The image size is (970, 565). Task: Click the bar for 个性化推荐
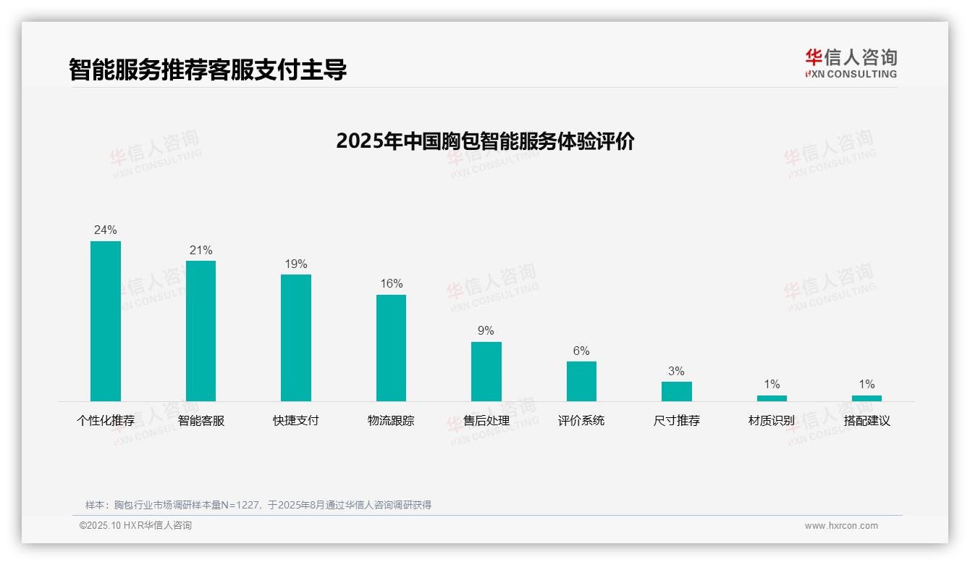pos(106,321)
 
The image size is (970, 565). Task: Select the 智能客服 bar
pos(201,331)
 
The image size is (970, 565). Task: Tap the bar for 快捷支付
pos(296,338)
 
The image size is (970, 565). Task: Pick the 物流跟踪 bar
pos(391,348)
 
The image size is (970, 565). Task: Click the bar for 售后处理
pos(486,372)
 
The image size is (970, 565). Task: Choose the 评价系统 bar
pos(581,381)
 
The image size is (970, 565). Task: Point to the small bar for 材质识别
pos(772,398)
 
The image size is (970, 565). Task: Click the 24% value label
pos(106,230)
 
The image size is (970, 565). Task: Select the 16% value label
pos(392,284)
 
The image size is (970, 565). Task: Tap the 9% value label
pos(486,331)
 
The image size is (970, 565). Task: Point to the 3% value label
pos(676,372)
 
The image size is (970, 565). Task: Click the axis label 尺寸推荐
pos(677,421)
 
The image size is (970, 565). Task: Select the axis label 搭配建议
pos(866,421)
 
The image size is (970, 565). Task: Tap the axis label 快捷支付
pos(296,421)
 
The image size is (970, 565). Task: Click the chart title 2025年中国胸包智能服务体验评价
pos(485,141)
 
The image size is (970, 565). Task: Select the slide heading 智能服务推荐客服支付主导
pos(208,70)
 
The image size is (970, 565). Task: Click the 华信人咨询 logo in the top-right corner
pos(851,63)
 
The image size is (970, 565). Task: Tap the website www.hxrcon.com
pos(841,526)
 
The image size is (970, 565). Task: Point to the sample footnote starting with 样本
pos(258,505)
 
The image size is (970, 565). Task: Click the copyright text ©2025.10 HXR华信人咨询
pos(136,526)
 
